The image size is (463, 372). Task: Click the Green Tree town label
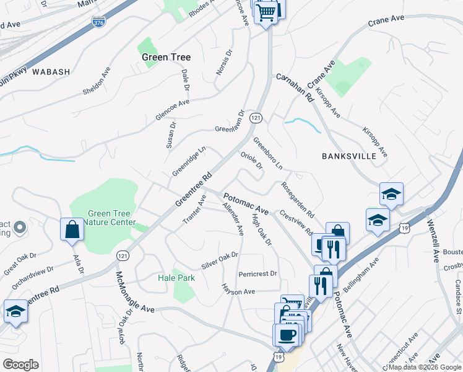click(166, 57)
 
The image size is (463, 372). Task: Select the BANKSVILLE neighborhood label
click(349, 156)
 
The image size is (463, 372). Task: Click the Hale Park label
click(176, 278)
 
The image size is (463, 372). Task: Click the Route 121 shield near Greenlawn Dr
click(255, 118)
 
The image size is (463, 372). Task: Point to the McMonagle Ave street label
click(134, 291)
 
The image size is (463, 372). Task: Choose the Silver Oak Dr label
click(219, 260)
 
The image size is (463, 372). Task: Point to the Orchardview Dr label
click(37, 279)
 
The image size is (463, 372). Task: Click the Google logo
click(20, 364)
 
